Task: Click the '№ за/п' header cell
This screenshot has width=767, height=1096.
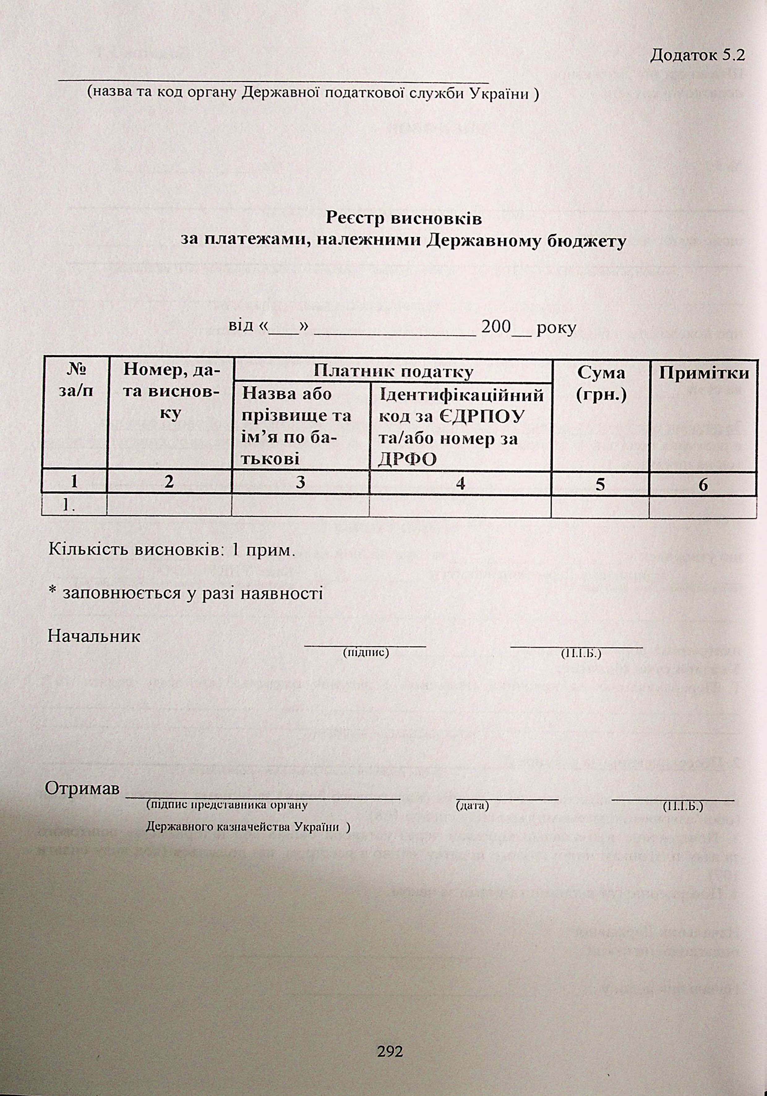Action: [x=75, y=380]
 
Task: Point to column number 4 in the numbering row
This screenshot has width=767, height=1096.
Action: [x=460, y=484]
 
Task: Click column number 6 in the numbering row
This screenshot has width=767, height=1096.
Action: [x=703, y=484]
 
